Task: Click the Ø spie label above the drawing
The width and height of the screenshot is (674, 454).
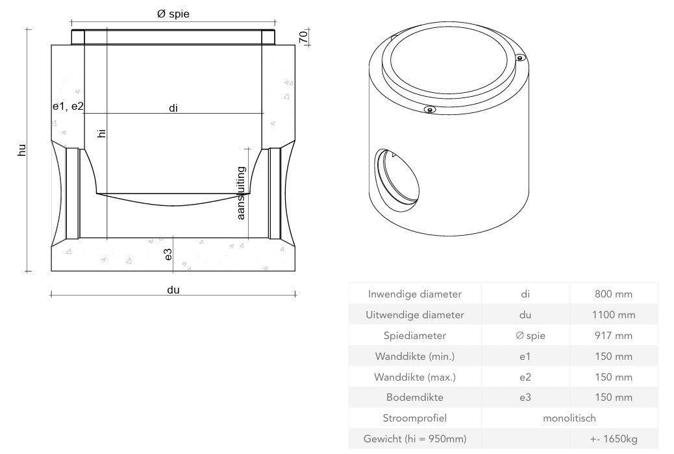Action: [x=173, y=14]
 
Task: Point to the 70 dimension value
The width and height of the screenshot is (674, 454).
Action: [x=303, y=36]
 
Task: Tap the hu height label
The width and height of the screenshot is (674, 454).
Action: [x=21, y=151]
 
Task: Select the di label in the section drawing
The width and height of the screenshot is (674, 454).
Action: [x=173, y=108]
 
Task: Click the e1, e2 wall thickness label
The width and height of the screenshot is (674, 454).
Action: [x=68, y=106]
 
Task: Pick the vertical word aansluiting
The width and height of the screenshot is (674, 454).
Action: [x=242, y=193]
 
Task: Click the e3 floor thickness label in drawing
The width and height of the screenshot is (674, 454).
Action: [x=168, y=255]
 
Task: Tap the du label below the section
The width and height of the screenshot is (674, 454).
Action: [x=173, y=290]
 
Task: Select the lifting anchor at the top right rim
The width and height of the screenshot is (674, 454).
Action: [x=519, y=58]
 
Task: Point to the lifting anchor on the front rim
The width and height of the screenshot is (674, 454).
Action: [x=429, y=110]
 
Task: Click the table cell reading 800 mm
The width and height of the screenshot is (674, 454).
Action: [x=613, y=294]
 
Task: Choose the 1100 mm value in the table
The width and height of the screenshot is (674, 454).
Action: [x=613, y=315]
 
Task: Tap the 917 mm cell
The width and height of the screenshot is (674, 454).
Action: [x=613, y=336]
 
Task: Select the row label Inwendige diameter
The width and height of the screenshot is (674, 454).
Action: [x=414, y=294]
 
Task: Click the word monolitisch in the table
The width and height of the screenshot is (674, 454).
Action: [x=569, y=418]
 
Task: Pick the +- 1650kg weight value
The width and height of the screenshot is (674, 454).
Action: [x=613, y=439]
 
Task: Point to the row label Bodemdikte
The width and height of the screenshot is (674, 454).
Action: [x=414, y=397]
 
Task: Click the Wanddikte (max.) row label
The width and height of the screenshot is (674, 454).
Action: [x=414, y=377]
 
